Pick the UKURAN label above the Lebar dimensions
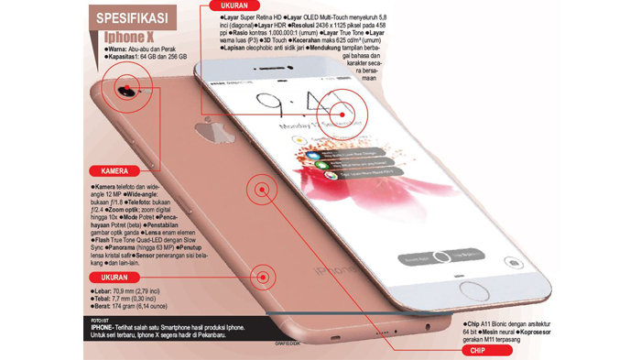pyautogui.click(x=114, y=276)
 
